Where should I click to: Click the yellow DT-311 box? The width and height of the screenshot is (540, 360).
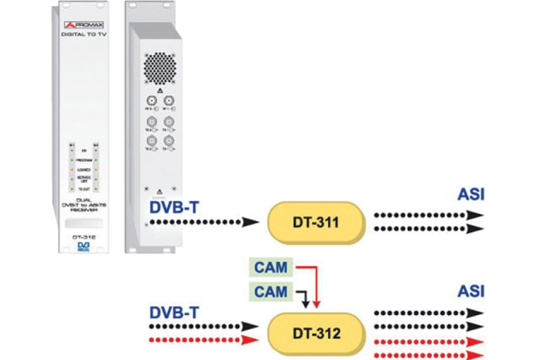[x=315, y=221]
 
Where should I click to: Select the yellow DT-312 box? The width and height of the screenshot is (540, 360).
[x=315, y=333]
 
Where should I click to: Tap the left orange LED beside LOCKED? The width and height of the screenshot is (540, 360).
[x=71, y=170]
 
